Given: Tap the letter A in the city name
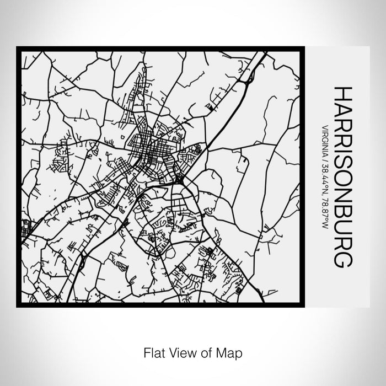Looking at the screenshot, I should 342,109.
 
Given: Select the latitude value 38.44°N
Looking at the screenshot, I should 324,176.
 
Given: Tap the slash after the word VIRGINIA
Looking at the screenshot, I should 324,158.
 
